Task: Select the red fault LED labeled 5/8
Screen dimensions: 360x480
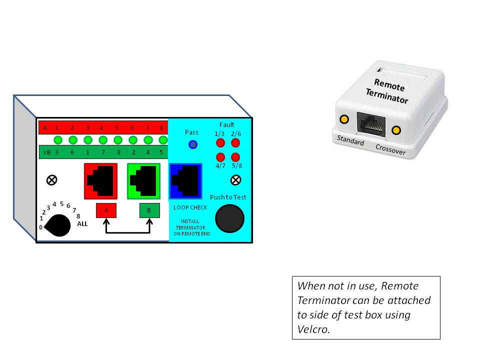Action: pos(236,157)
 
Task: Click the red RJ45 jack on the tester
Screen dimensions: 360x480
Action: pos(100,180)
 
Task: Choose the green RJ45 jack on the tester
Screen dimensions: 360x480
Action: pos(143,180)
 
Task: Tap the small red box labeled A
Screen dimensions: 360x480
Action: pos(106,210)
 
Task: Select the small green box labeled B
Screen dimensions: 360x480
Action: pos(149,210)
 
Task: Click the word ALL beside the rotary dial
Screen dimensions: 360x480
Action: pos(82,224)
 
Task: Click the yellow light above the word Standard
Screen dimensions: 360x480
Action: pos(344,119)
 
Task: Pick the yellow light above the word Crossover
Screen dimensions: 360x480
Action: pos(396,130)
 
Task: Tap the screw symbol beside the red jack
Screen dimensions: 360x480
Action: pos(50,180)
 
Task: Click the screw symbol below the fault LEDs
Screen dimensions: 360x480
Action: pos(234,180)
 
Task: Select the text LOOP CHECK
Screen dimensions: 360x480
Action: pos(190,207)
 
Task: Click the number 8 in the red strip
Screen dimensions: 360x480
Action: pos(161,128)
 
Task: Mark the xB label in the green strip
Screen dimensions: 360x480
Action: pos(47,152)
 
